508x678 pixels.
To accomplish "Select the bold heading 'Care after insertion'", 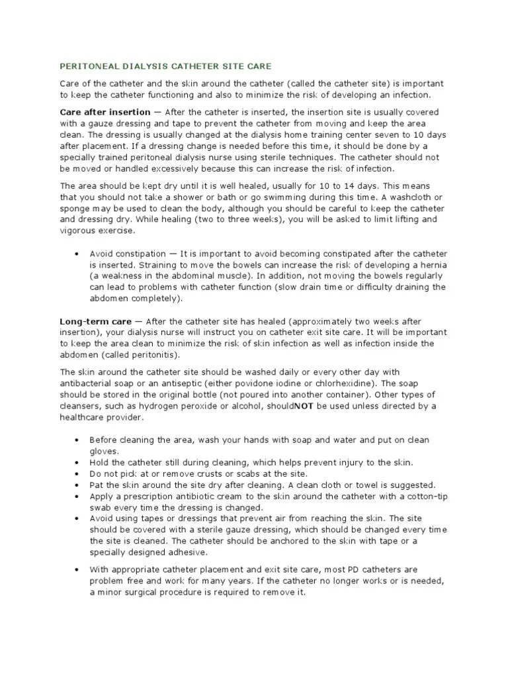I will click(x=105, y=113).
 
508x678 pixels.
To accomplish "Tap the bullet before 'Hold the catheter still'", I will click(x=77, y=462).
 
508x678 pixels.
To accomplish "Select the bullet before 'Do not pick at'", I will click(x=77, y=473).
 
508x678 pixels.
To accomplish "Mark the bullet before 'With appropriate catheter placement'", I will click(x=77, y=570).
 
